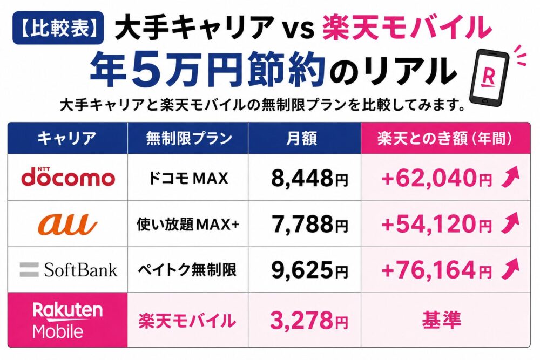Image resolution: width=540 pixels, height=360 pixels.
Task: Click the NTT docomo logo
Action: click(x=68, y=176)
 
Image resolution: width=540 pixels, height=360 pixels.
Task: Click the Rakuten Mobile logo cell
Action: click(x=67, y=320)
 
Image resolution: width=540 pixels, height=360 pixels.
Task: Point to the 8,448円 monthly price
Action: click(x=309, y=178)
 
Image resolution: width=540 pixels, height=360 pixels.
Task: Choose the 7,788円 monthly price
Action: click(x=309, y=224)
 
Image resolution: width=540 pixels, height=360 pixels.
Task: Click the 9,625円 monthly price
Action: click(x=309, y=270)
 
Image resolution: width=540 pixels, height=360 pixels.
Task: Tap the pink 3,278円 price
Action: click(x=308, y=320)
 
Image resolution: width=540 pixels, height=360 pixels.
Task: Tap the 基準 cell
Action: click(x=442, y=320)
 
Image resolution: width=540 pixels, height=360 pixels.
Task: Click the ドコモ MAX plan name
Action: click(x=188, y=178)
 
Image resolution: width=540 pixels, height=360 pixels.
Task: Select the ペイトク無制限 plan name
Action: click(x=187, y=269)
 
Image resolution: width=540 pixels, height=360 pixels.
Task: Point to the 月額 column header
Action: click(x=302, y=138)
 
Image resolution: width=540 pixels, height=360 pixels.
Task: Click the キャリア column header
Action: click(x=67, y=138)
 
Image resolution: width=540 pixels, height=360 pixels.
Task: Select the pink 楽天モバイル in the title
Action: click(x=407, y=28)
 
